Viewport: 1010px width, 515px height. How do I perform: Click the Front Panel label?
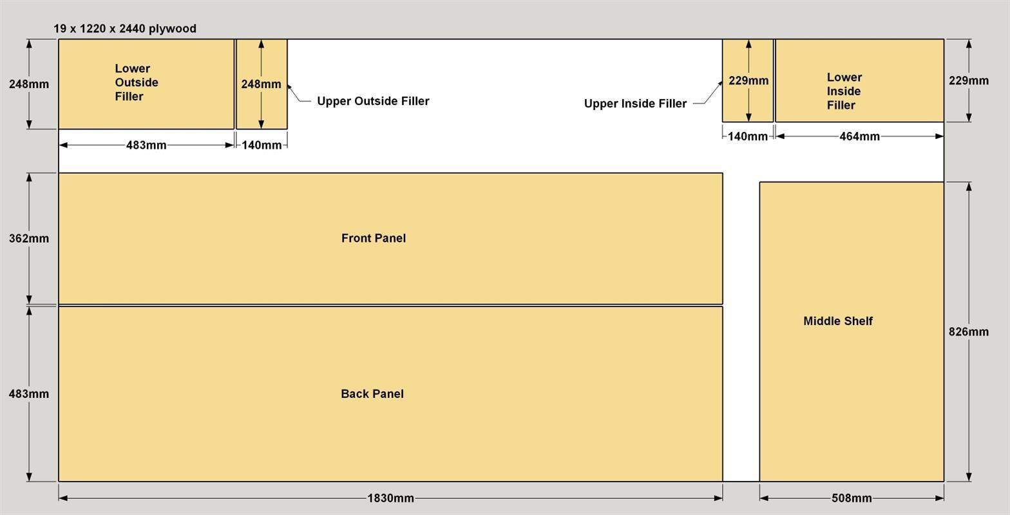pos(374,238)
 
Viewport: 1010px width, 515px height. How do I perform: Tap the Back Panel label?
pos(372,394)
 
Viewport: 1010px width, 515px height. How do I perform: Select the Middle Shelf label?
pos(838,321)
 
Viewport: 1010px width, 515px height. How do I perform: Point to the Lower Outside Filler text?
pos(136,82)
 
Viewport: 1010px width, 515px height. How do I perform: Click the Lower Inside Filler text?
pos(844,91)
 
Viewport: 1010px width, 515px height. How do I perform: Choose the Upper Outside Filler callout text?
pos(373,101)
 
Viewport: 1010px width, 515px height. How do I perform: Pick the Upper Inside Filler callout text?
pos(635,104)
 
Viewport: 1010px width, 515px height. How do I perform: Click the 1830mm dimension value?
pos(390,498)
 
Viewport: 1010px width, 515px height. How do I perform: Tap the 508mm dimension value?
pos(852,498)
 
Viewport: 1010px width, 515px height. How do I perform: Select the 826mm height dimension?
pos(969,332)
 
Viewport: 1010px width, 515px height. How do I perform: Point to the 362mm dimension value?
pos(29,238)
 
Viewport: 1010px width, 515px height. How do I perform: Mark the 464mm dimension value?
pos(859,136)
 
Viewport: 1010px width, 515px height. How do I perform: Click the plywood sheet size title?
pos(125,28)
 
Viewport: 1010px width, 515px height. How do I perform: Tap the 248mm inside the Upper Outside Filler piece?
pos(261,84)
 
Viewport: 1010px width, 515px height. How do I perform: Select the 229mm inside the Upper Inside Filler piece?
pos(748,80)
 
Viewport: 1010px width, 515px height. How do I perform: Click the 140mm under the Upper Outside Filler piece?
pos(262,145)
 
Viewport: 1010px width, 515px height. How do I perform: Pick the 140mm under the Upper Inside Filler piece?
pos(748,136)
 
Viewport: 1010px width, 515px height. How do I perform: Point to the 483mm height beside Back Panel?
pos(29,394)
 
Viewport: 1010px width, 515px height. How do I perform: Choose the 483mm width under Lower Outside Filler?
pos(146,145)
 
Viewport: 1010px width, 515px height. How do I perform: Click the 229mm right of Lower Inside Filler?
pos(969,80)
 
